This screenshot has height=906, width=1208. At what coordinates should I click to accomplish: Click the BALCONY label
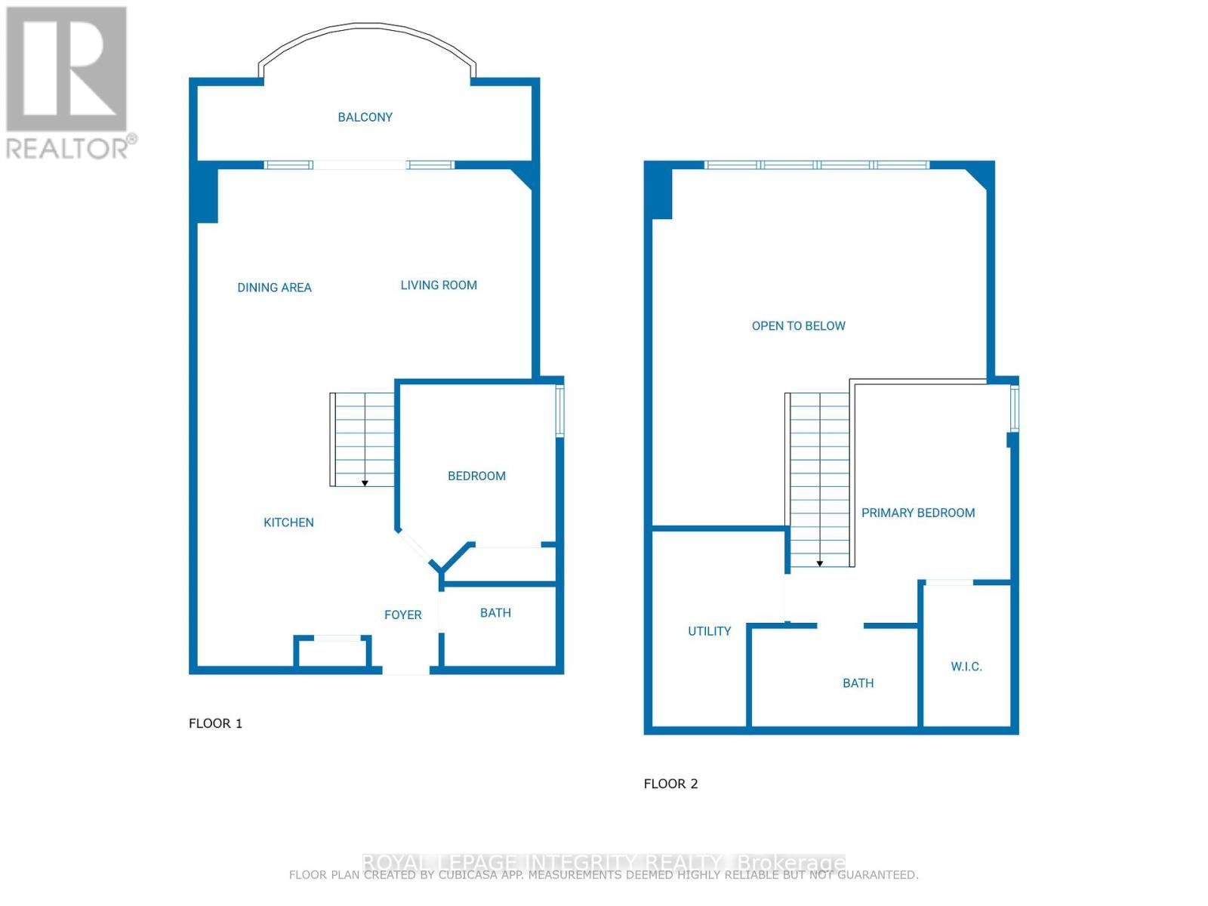click(365, 117)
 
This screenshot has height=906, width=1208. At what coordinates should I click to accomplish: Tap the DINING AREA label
click(274, 288)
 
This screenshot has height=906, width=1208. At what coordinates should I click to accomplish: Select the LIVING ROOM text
click(439, 285)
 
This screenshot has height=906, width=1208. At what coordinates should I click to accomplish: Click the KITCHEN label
click(288, 522)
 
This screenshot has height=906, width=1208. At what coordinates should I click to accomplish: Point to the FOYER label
click(402, 615)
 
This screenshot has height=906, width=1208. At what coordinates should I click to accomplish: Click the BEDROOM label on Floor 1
click(476, 476)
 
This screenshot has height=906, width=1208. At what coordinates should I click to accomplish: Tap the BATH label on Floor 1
click(495, 613)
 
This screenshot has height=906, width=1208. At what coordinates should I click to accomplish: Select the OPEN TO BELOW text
click(798, 326)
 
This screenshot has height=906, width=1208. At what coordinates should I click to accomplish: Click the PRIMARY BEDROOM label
click(918, 513)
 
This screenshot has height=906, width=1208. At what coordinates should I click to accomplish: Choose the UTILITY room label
click(709, 631)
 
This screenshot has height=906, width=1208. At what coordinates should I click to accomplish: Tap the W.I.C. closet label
click(966, 667)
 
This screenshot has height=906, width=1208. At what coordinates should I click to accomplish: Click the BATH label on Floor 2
click(858, 683)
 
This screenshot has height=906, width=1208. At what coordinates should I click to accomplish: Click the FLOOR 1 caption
click(215, 723)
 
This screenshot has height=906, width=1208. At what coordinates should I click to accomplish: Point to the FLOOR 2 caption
click(670, 784)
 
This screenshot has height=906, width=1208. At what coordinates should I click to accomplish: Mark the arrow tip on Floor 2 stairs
click(820, 565)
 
